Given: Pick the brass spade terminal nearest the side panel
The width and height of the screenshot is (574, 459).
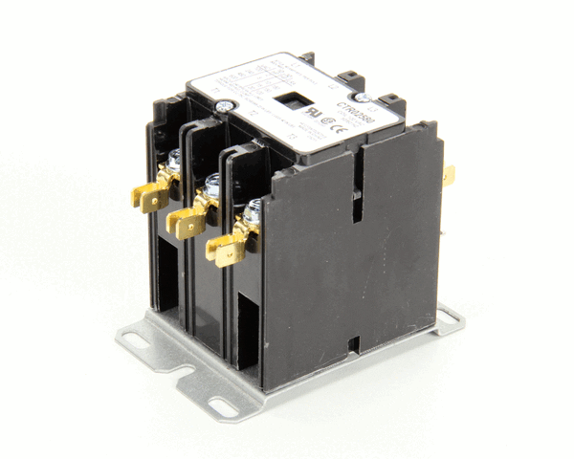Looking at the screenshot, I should (228, 251).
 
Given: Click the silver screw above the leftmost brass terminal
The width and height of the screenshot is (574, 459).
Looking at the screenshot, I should (176, 159).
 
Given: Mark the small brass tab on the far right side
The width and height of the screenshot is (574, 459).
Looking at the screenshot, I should (449, 174).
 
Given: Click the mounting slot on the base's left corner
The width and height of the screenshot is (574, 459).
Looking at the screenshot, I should (133, 336).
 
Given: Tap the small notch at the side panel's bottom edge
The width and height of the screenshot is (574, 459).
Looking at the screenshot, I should (354, 341).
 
